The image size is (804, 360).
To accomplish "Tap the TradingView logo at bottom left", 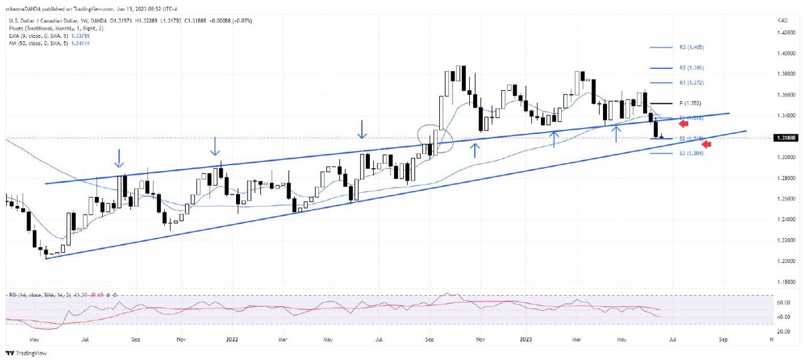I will [x=20, y=353].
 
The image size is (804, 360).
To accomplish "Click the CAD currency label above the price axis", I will [x=782, y=21].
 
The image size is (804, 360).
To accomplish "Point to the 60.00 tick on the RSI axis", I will [x=780, y=302].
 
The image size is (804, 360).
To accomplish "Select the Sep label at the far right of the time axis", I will [x=723, y=339].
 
